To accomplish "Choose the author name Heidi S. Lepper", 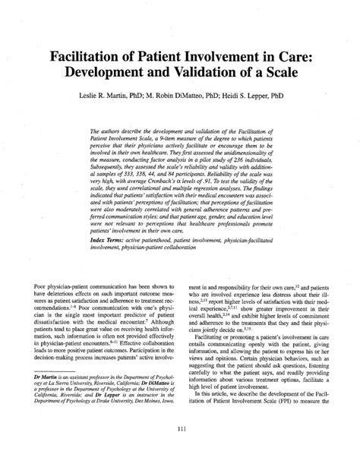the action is point(263,99).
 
